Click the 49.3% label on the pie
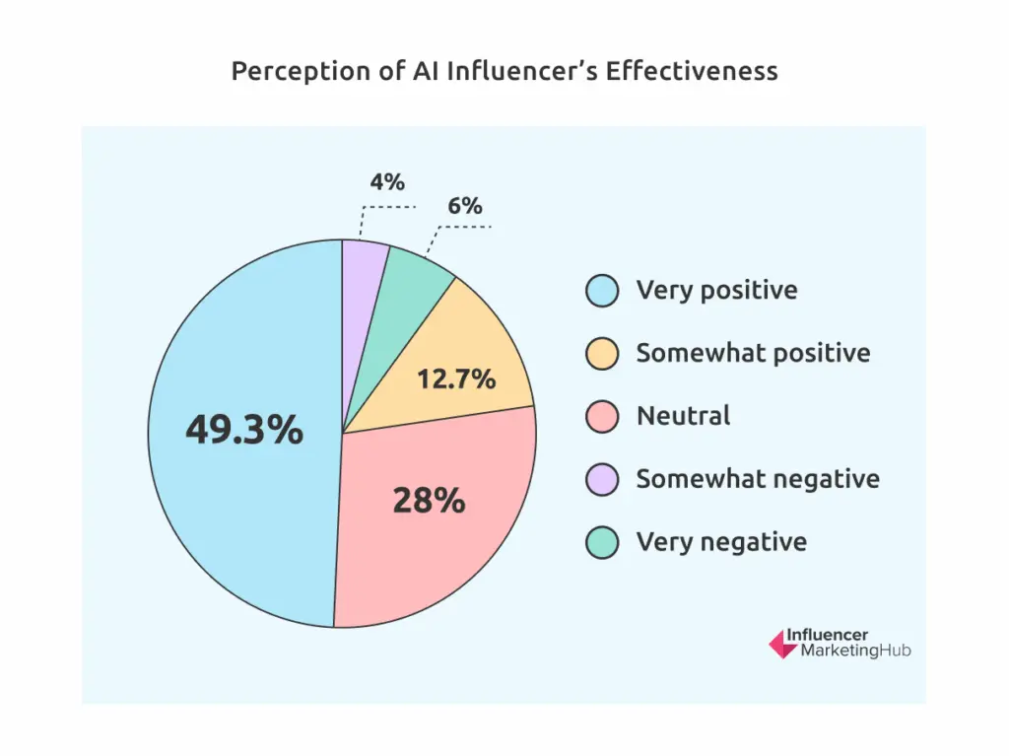(x=244, y=431)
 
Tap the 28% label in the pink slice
(x=429, y=501)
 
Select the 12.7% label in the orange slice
(x=456, y=378)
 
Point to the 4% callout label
(x=387, y=182)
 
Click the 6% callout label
(x=464, y=206)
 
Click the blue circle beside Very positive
(x=601, y=290)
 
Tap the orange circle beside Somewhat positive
(x=601, y=353)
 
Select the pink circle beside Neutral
(x=601, y=416)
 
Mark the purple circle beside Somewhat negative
(x=601, y=479)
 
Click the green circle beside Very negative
(x=601, y=542)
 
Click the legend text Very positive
(x=716, y=290)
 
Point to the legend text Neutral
(x=683, y=416)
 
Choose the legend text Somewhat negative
(x=757, y=479)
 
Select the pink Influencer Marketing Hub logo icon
(x=782, y=644)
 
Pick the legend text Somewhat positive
(x=753, y=353)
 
